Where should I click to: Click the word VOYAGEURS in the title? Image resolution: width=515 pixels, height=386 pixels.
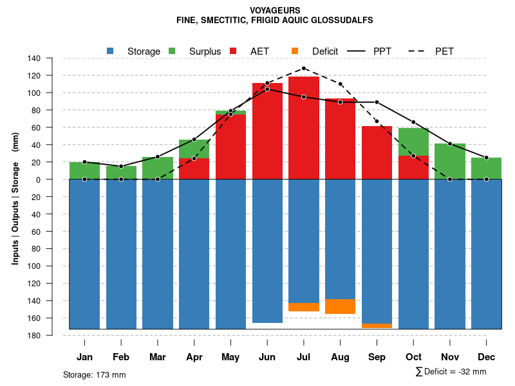coord(274,10)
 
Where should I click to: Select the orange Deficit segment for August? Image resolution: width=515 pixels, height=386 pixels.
coord(341,306)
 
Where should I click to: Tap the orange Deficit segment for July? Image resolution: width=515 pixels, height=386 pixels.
coord(304,307)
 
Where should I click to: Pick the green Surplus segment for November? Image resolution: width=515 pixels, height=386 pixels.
coord(450,161)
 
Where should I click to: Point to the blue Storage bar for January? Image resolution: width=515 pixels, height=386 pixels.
coord(84,254)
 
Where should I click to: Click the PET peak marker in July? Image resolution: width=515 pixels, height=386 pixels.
coord(304,68)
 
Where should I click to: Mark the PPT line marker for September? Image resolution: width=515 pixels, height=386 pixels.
coord(377,102)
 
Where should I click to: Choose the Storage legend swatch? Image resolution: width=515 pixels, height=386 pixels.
coord(110,51)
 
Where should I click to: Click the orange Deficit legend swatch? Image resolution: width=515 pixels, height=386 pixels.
coord(295,51)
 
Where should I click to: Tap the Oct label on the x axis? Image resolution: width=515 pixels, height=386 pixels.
coord(413,357)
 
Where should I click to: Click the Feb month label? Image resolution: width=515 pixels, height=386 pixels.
coord(121,357)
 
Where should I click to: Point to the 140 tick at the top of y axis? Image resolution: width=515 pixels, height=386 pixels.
coord(34,59)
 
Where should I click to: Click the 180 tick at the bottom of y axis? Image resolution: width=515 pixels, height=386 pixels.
coord(34,335)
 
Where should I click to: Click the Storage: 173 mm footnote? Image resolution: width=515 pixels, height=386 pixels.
coord(94,374)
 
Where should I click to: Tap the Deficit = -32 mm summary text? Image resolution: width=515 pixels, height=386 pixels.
coord(451,371)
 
